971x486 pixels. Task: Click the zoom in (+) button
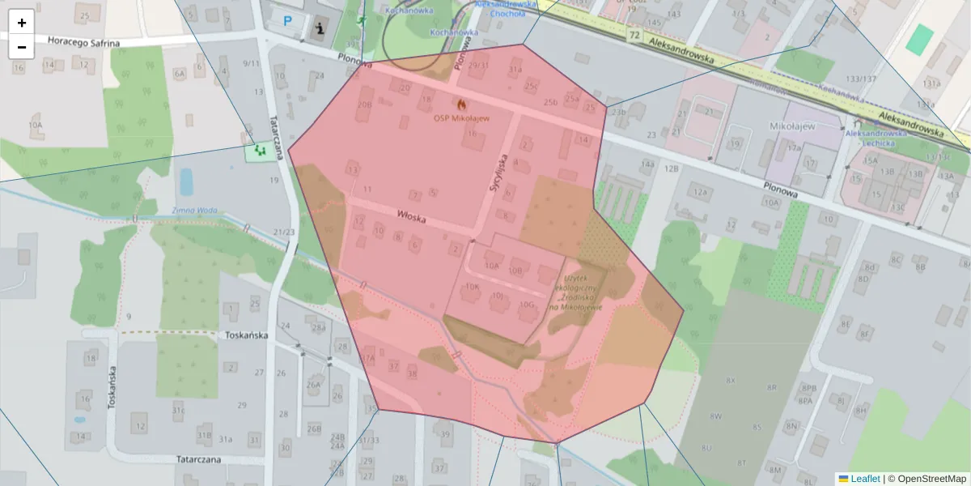22,23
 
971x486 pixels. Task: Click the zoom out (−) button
22,47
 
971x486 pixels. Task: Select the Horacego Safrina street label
83,42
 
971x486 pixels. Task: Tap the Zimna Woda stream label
195,211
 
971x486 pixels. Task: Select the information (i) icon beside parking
318,28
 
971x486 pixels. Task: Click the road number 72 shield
634,36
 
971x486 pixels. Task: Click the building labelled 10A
491,265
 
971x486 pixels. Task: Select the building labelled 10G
528,305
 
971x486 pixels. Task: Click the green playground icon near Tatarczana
259,151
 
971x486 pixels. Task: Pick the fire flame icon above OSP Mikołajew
461,104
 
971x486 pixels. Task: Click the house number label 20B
364,104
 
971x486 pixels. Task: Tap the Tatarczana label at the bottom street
210,459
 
